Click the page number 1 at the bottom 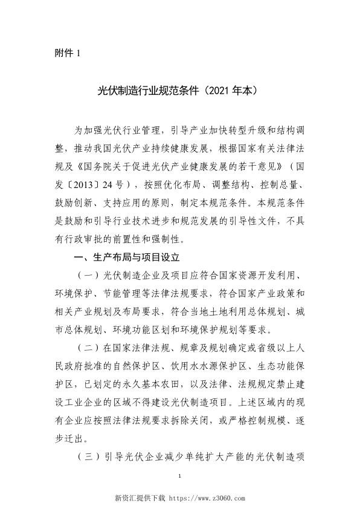[x=180, y=478]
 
